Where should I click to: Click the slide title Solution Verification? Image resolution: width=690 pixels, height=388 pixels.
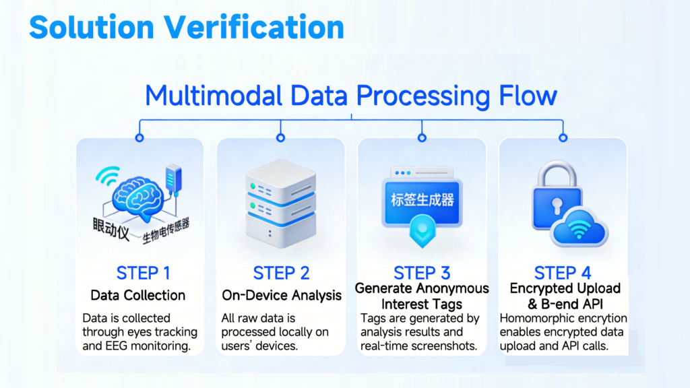click(x=187, y=27)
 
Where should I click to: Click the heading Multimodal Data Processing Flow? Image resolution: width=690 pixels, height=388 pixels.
click(x=351, y=96)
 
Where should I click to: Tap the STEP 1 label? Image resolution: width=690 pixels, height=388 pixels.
click(x=143, y=273)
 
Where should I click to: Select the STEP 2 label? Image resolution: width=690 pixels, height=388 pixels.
click(x=281, y=273)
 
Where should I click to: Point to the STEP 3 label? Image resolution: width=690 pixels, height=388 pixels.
click(x=422, y=273)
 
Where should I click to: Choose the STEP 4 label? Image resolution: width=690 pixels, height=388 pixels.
click(x=563, y=273)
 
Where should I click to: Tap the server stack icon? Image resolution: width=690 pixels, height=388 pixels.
click(x=281, y=203)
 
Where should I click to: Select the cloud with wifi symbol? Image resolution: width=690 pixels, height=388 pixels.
click(x=579, y=227)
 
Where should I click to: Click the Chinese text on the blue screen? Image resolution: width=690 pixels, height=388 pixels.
click(x=422, y=200)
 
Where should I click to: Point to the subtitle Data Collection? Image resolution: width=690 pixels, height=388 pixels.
click(x=137, y=295)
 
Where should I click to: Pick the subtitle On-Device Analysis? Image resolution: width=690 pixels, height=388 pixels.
click(x=282, y=295)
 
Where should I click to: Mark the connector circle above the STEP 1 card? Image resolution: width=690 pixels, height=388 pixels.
click(x=139, y=137)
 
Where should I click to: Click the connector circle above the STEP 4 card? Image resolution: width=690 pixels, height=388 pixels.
click(x=563, y=137)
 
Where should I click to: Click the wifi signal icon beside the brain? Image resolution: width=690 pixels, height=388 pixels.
click(x=107, y=176)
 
